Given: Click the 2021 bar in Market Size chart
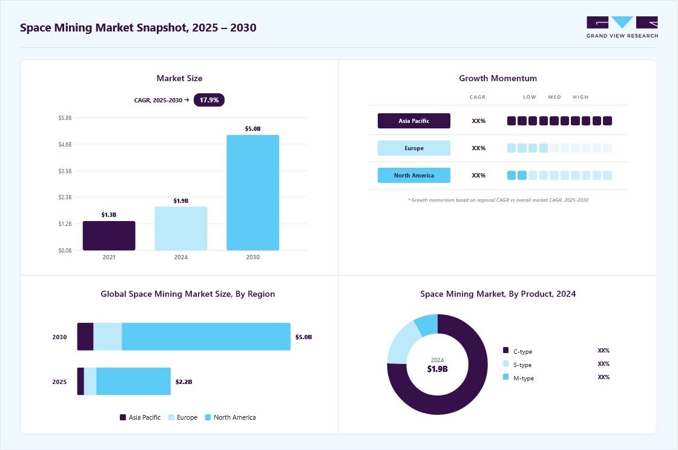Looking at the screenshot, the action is point(109,236).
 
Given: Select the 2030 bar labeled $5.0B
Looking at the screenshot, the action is point(253,193).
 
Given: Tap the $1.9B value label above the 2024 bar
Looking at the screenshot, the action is point(181,200).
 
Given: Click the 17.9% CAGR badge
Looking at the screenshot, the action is point(209,100).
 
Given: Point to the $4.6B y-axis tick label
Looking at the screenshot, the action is point(65,145).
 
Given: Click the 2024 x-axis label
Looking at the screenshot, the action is point(181,257).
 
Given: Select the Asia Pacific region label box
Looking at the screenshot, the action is point(414,121).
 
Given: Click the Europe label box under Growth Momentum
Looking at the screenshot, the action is point(414,148).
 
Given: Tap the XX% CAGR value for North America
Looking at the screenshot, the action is point(479,175).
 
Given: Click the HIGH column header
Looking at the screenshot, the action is point(581,97).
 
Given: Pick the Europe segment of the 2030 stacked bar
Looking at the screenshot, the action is point(108,337).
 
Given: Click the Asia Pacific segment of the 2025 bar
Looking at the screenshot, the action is point(81,381).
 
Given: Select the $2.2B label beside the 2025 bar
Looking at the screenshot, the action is point(184,382).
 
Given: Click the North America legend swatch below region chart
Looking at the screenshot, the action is point(208,417).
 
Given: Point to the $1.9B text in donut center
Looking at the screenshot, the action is point(438,369).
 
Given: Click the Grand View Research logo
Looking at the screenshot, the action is point(622,27).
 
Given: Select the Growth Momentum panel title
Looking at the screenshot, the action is point(498,78).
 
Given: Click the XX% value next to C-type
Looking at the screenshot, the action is point(604,351).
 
